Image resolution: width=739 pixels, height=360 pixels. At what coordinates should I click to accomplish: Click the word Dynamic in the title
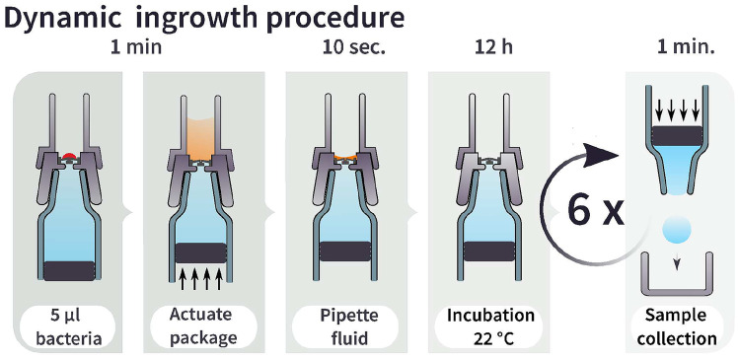pos(66,20)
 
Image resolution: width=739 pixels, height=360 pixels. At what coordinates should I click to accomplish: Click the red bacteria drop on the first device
pos(70,156)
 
